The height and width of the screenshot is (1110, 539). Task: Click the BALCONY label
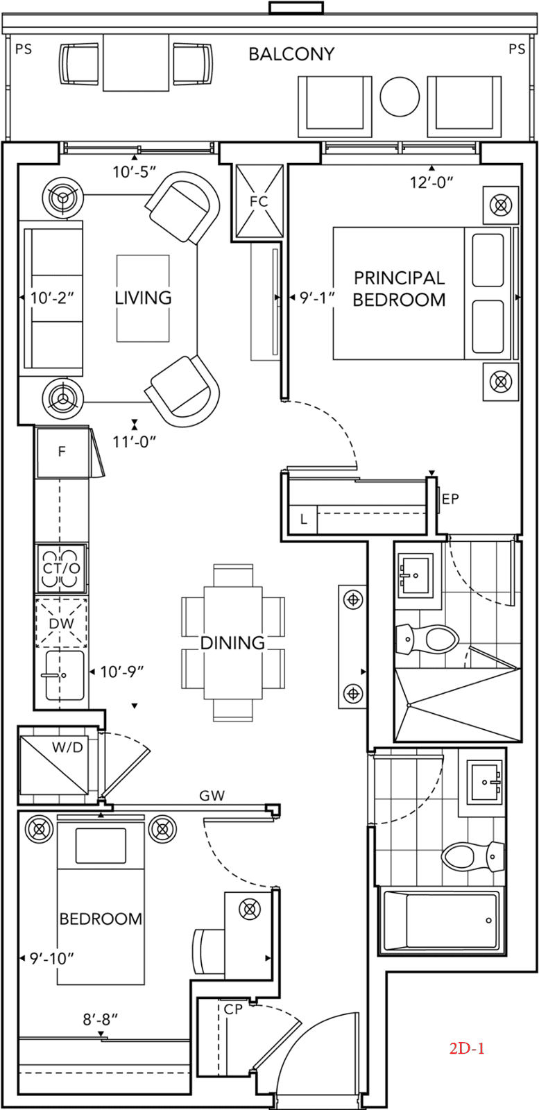pyautogui.click(x=291, y=54)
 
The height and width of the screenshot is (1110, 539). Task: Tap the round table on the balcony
pyautogui.click(x=400, y=96)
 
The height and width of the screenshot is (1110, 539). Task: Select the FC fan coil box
pyautogui.click(x=259, y=202)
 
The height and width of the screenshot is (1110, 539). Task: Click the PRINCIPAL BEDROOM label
pyautogui.click(x=400, y=289)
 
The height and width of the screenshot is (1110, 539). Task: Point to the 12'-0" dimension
pyautogui.click(x=431, y=182)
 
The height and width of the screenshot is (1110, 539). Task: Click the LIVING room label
pyautogui.click(x=143, y=298)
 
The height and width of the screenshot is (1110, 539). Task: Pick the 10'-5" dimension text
pyautogui.click(x=135, y=172)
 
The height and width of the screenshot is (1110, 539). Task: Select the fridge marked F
pyautogui.click(x=62, y=452)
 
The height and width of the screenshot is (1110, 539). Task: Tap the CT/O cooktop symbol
pyautogui.click(x=62, y=568)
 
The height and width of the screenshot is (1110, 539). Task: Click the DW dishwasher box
pyautogui.click(x=62, y=623)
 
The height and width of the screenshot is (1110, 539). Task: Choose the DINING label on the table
pyautogui.click(x=232, y=642)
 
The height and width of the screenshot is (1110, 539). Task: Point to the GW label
pyautogui.click(x=212, y=796)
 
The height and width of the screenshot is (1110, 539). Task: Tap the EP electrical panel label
pyautogui.click(x=450, y=499)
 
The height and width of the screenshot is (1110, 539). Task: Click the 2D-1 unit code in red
pyautogui.click(x=467, y=1048)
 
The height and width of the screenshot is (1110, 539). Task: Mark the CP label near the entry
pyautogui.click(x=233, y=1009)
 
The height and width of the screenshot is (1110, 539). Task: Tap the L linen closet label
pyautogui.click(x=303, y=520)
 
